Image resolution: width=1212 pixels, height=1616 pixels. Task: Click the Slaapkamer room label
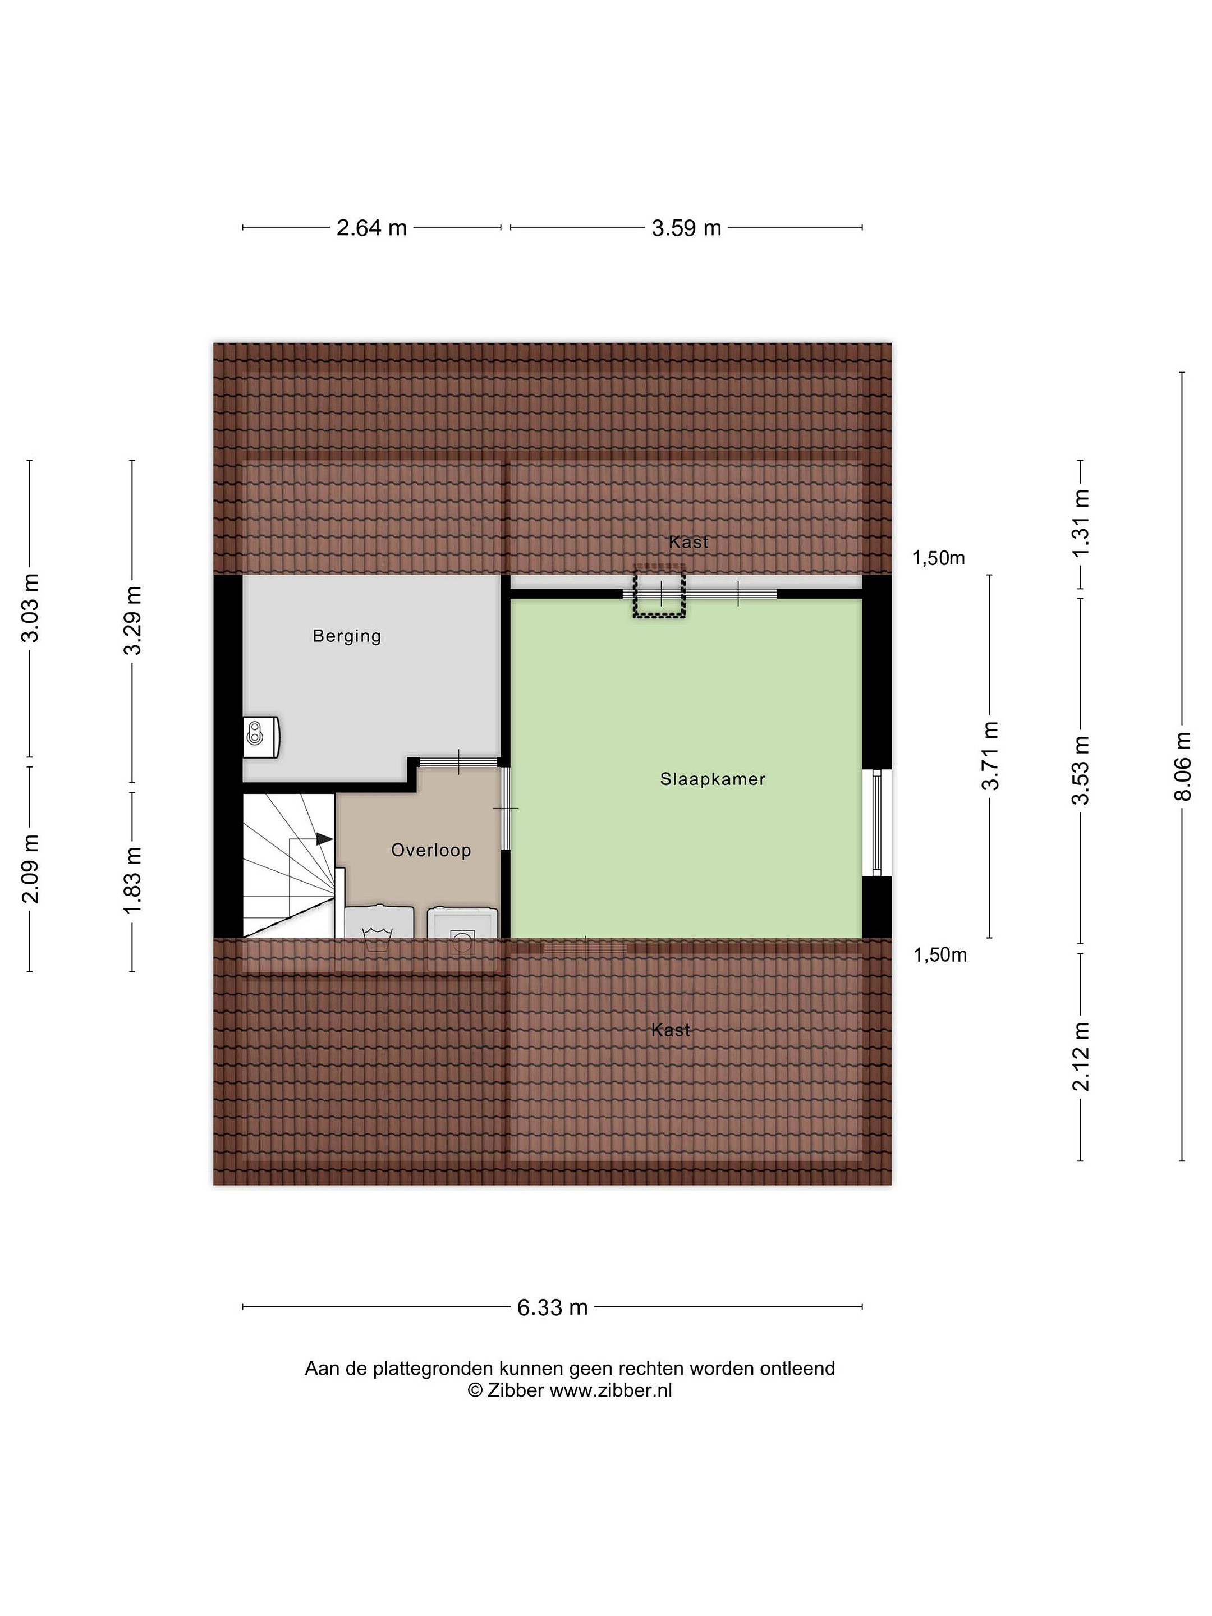tap(712, 779)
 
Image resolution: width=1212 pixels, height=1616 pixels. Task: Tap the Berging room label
tap(347, 636)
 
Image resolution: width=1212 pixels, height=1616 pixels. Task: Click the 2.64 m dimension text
tap(371, 228)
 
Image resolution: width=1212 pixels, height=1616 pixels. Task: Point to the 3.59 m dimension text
tap(686, 228)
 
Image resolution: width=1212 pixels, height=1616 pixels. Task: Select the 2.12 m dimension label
tap(1081, 1057)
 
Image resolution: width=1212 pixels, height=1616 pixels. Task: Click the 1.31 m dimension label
tap(1081, 523)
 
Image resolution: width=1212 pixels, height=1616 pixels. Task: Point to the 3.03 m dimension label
tap(30, 608)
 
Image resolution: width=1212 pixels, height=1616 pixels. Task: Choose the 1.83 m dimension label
tap(132, 880)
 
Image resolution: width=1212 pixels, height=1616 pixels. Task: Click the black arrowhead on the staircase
tap(324, 839)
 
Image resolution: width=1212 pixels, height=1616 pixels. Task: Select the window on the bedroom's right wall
tap(876, 822)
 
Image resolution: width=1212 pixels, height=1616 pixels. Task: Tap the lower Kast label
tap(671, 1030)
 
